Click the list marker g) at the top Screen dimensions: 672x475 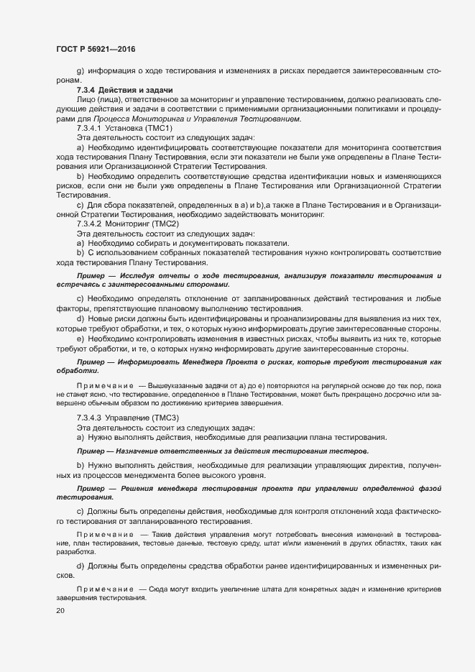pos(80,70)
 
